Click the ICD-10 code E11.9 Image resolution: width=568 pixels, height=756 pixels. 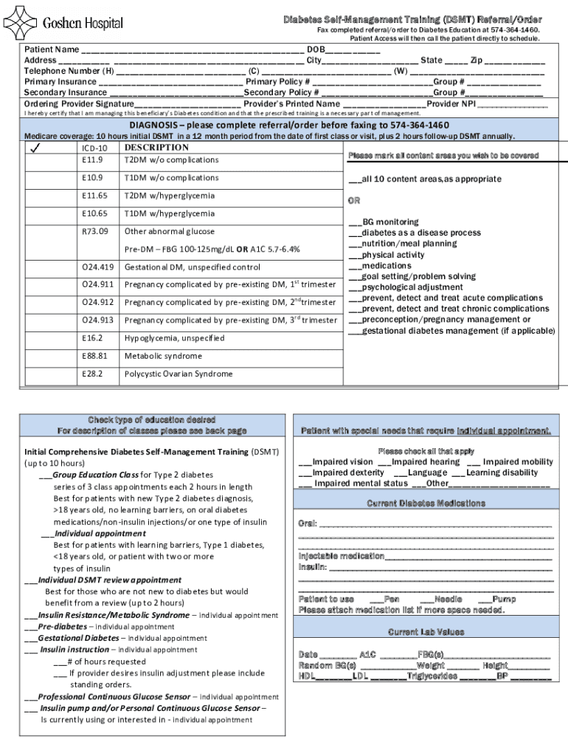coord(93,159)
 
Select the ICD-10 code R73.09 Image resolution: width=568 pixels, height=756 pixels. coord(95,231)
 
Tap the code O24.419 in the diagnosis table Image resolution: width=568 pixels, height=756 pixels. coord(97,267)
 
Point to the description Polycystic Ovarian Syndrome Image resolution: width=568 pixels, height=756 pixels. coord(178,374)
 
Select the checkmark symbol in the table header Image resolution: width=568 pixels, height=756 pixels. coord(35,148)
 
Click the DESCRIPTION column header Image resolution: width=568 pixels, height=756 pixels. coord(156,148)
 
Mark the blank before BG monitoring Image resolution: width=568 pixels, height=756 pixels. coord(355,221)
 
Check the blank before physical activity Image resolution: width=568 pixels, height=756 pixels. coord(355,255)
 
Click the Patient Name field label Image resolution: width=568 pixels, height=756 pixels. coord(52,49)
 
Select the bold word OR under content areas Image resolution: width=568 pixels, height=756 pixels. coord(354,200)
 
